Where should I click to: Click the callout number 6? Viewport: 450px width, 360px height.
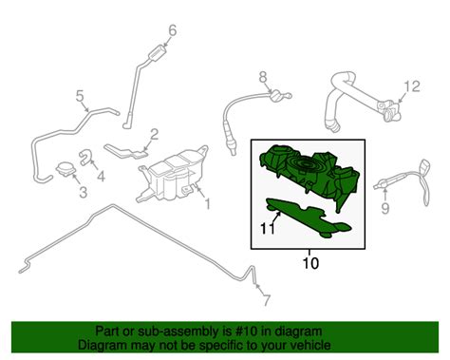(x=172, y=30)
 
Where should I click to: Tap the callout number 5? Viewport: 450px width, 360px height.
(x=80, y=96)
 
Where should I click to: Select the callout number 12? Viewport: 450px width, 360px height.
(x=412, y=86)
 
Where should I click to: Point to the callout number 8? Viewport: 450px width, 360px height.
(x=263, y=77)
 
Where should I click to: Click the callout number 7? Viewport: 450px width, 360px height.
(x=267, y=300)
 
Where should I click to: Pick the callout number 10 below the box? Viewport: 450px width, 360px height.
(x=310, y=263)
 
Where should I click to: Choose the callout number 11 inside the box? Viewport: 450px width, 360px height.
(x=268, y=228)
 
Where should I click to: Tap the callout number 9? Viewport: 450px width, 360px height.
(x=384, y=208)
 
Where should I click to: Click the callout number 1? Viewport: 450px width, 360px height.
(x=207, y=204)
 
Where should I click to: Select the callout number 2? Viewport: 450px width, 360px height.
(x=154, y=135)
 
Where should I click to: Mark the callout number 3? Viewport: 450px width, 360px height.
(x=83, y=192)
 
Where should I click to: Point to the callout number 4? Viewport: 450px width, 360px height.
(x=101, y=176)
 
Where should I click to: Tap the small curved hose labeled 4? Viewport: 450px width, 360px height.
(x=84, y=156)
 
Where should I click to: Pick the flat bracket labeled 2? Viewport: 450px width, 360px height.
(x=125, y=151)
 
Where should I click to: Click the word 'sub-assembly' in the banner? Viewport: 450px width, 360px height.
(x=178, y=332)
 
